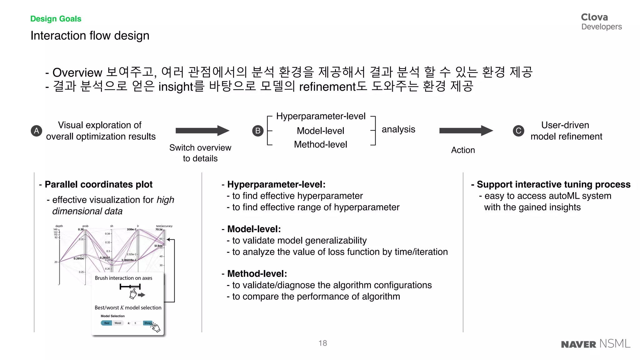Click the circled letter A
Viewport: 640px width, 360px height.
[36, 131]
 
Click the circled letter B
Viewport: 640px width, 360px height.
[258, 131]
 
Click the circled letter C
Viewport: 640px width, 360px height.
[518, 131]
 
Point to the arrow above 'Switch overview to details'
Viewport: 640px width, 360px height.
[202, 131]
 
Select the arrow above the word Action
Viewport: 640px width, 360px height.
[466, 131]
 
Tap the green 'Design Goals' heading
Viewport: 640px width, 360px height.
[56, 19]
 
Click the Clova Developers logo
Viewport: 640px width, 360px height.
[601, 22]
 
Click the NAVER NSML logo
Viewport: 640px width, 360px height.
[596, 344]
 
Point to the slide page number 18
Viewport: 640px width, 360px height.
[322, 343]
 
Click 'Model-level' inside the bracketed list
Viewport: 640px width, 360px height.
[320, 131]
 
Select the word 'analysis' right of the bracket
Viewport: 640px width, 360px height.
[398, 129]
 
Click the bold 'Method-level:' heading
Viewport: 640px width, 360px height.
[257, 274]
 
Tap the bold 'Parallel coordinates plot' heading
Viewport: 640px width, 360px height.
[98, 184]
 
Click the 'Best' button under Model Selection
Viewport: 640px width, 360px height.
[107, 323]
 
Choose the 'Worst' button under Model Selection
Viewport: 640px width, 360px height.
[118, 323]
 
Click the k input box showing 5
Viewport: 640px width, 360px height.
[136, 323]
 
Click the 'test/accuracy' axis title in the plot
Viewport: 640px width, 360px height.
[164, 226]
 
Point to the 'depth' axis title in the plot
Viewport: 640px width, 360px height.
[59, 226]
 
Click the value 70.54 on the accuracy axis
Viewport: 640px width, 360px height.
[159, 230]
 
